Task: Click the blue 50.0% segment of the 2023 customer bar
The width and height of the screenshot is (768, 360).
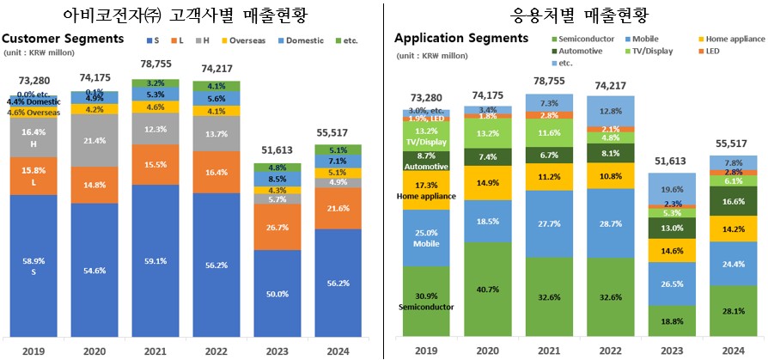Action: [278, 294]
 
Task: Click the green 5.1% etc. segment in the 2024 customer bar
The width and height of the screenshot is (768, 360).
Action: [339, 149]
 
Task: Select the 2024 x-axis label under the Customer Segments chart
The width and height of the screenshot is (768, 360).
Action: [339, 351]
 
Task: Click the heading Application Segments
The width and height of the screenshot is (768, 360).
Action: [460, 38]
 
